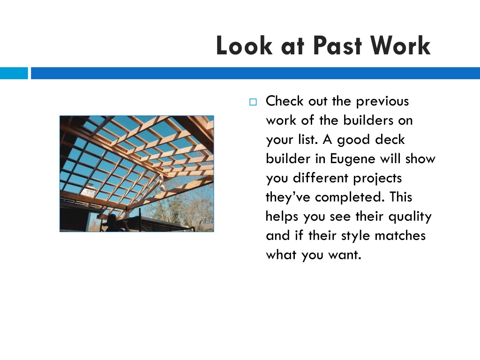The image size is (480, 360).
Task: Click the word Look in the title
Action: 244,45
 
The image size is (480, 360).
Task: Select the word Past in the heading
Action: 337,45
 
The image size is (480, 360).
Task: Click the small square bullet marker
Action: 253,102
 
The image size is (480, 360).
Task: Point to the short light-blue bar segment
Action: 14,73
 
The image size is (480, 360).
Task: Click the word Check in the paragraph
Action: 285,101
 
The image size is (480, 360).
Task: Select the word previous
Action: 382,102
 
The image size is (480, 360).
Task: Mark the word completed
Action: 349,197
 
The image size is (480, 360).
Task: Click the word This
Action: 401,197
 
